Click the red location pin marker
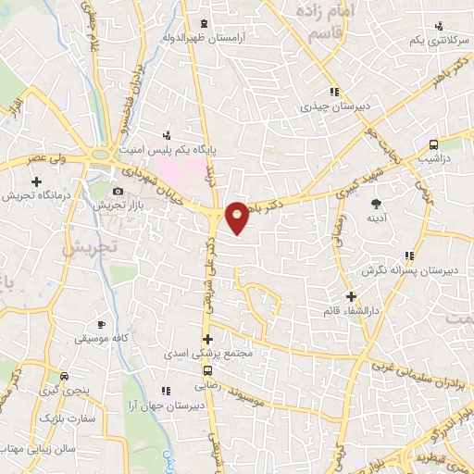[x=237, y=217]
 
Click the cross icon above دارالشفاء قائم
[x=350, y=296]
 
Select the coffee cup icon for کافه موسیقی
[x=102, y=324]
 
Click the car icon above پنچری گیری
[x=64, y=377]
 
